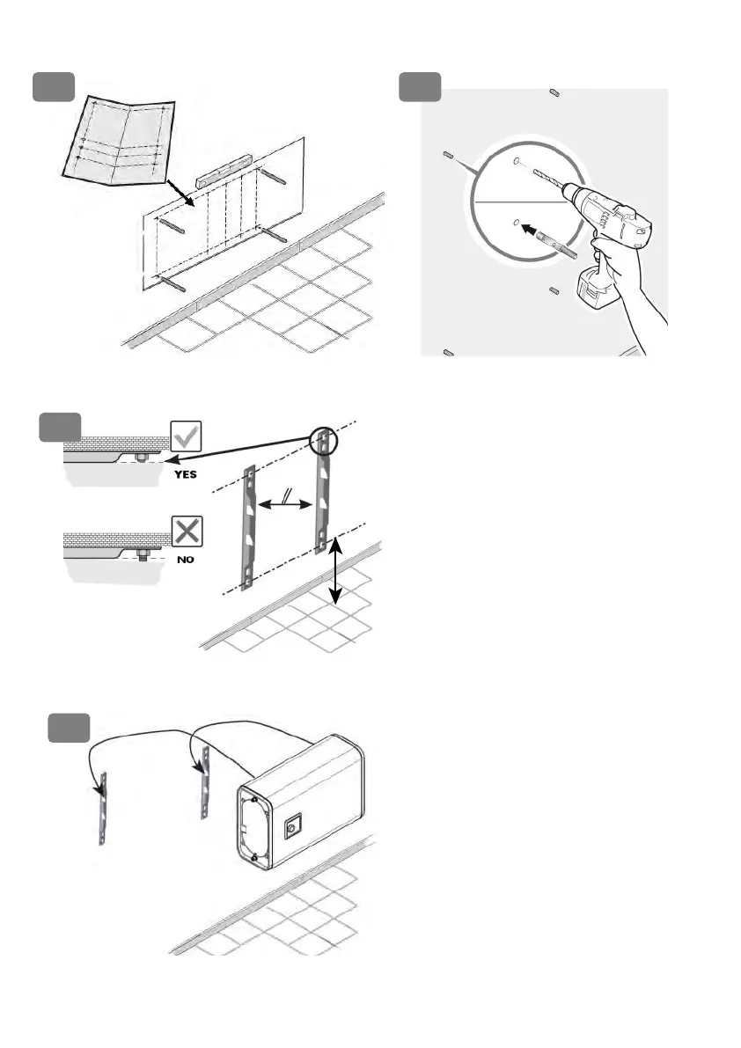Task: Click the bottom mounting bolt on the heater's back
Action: click(253, 856)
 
